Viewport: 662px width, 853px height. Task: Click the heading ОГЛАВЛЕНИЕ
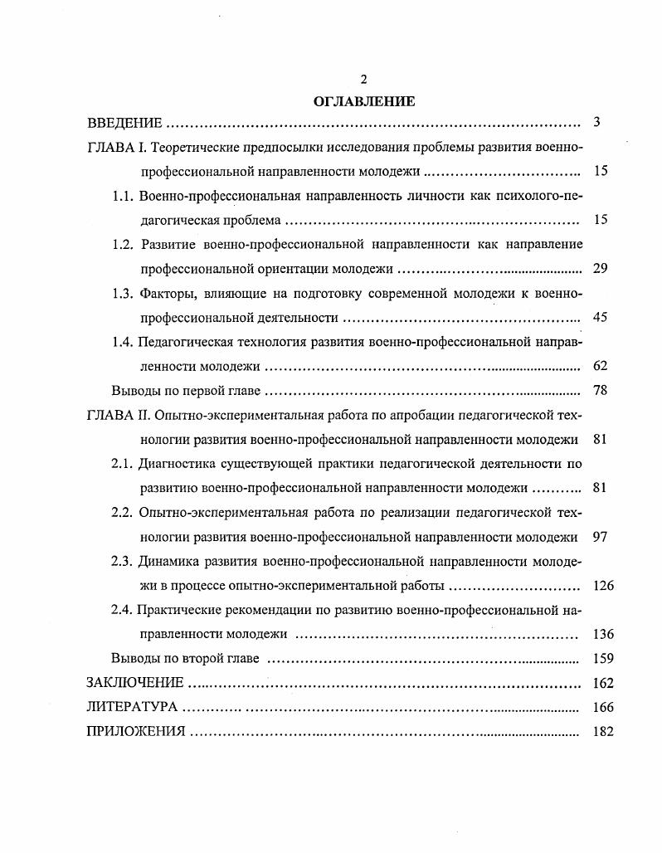point(363,101)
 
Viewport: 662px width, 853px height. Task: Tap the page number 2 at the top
point(363,80)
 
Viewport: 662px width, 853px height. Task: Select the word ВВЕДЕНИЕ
point(124,124)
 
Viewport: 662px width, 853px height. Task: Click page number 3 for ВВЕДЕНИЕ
point(597,123)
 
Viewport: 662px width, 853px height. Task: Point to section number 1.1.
point(122,197)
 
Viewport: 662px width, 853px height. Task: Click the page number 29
point(601,269)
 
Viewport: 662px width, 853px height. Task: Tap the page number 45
point(601,317)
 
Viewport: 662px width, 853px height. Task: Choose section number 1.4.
point(122,341)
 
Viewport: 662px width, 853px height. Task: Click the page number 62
point(601,365)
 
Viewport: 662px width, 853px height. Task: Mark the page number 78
point(601,390)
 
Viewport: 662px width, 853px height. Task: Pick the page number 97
point(601,536)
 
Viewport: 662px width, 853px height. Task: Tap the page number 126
point(604,585)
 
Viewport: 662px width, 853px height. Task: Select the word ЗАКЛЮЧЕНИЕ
point(134,683)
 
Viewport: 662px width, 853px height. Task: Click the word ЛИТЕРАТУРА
point(132,708)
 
